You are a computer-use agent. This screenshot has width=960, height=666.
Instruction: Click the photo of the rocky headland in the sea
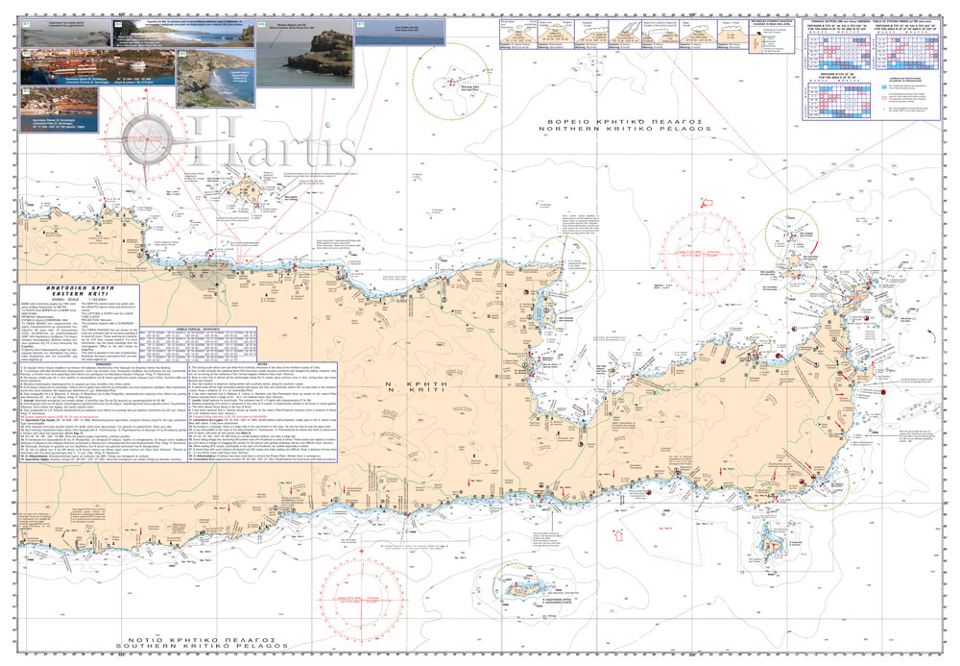pyautogui.click(x=303, y=57)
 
